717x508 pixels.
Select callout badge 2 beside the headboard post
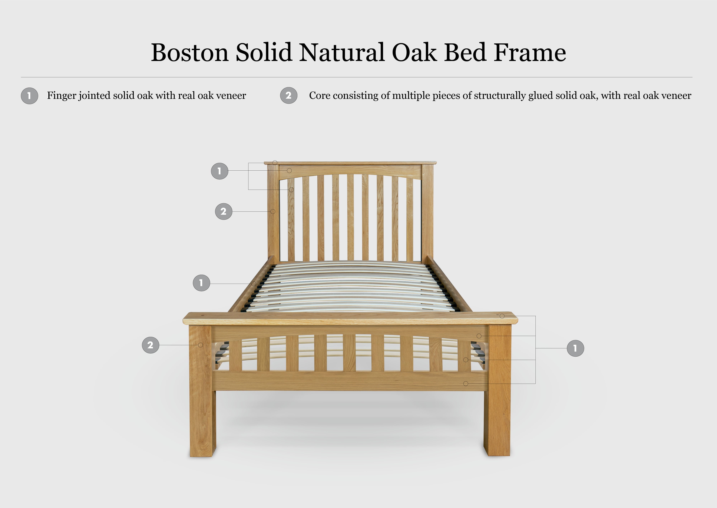(224, 211)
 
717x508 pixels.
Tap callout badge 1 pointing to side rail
(201, 283)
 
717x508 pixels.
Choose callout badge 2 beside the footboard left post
(150, 345)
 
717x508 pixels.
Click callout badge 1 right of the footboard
(575, 348)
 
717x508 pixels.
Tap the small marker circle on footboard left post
(201, 345)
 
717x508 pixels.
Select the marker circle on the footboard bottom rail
(466, 384)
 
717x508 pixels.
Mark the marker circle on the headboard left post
(273, 211)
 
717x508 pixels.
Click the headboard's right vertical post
(427, 213)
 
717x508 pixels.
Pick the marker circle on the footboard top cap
(502, 316)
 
